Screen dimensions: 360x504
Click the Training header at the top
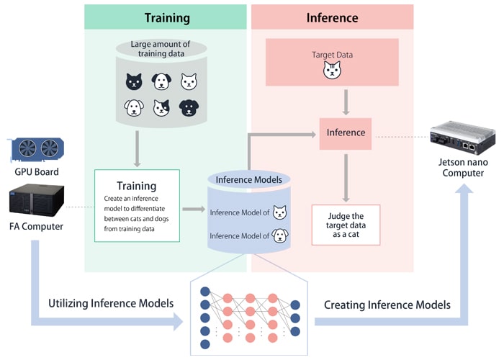point(167,17)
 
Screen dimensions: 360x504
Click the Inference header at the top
point(332,17)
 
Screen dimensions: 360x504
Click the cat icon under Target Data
point(332,71)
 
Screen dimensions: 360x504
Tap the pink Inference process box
point(346,132)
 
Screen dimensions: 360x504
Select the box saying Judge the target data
point(346,225)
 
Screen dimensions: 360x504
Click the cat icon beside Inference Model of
point(279,212)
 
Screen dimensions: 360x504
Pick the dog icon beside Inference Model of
point(279,235)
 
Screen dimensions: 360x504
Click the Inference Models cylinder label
point(248,179)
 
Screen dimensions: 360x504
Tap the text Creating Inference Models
point(387,305)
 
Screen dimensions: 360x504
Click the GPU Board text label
point(36,172)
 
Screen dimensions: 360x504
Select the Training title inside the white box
point(136,186)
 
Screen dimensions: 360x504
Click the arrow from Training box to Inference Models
point(194,209)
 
